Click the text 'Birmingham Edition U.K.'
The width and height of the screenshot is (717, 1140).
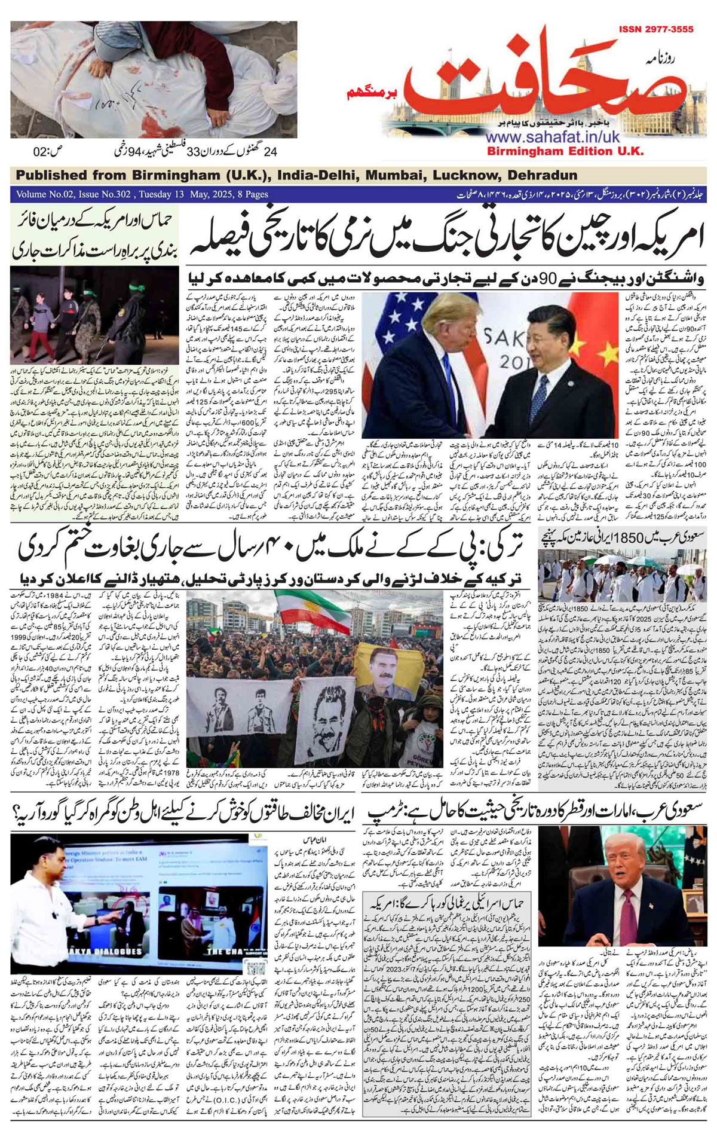565,151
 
